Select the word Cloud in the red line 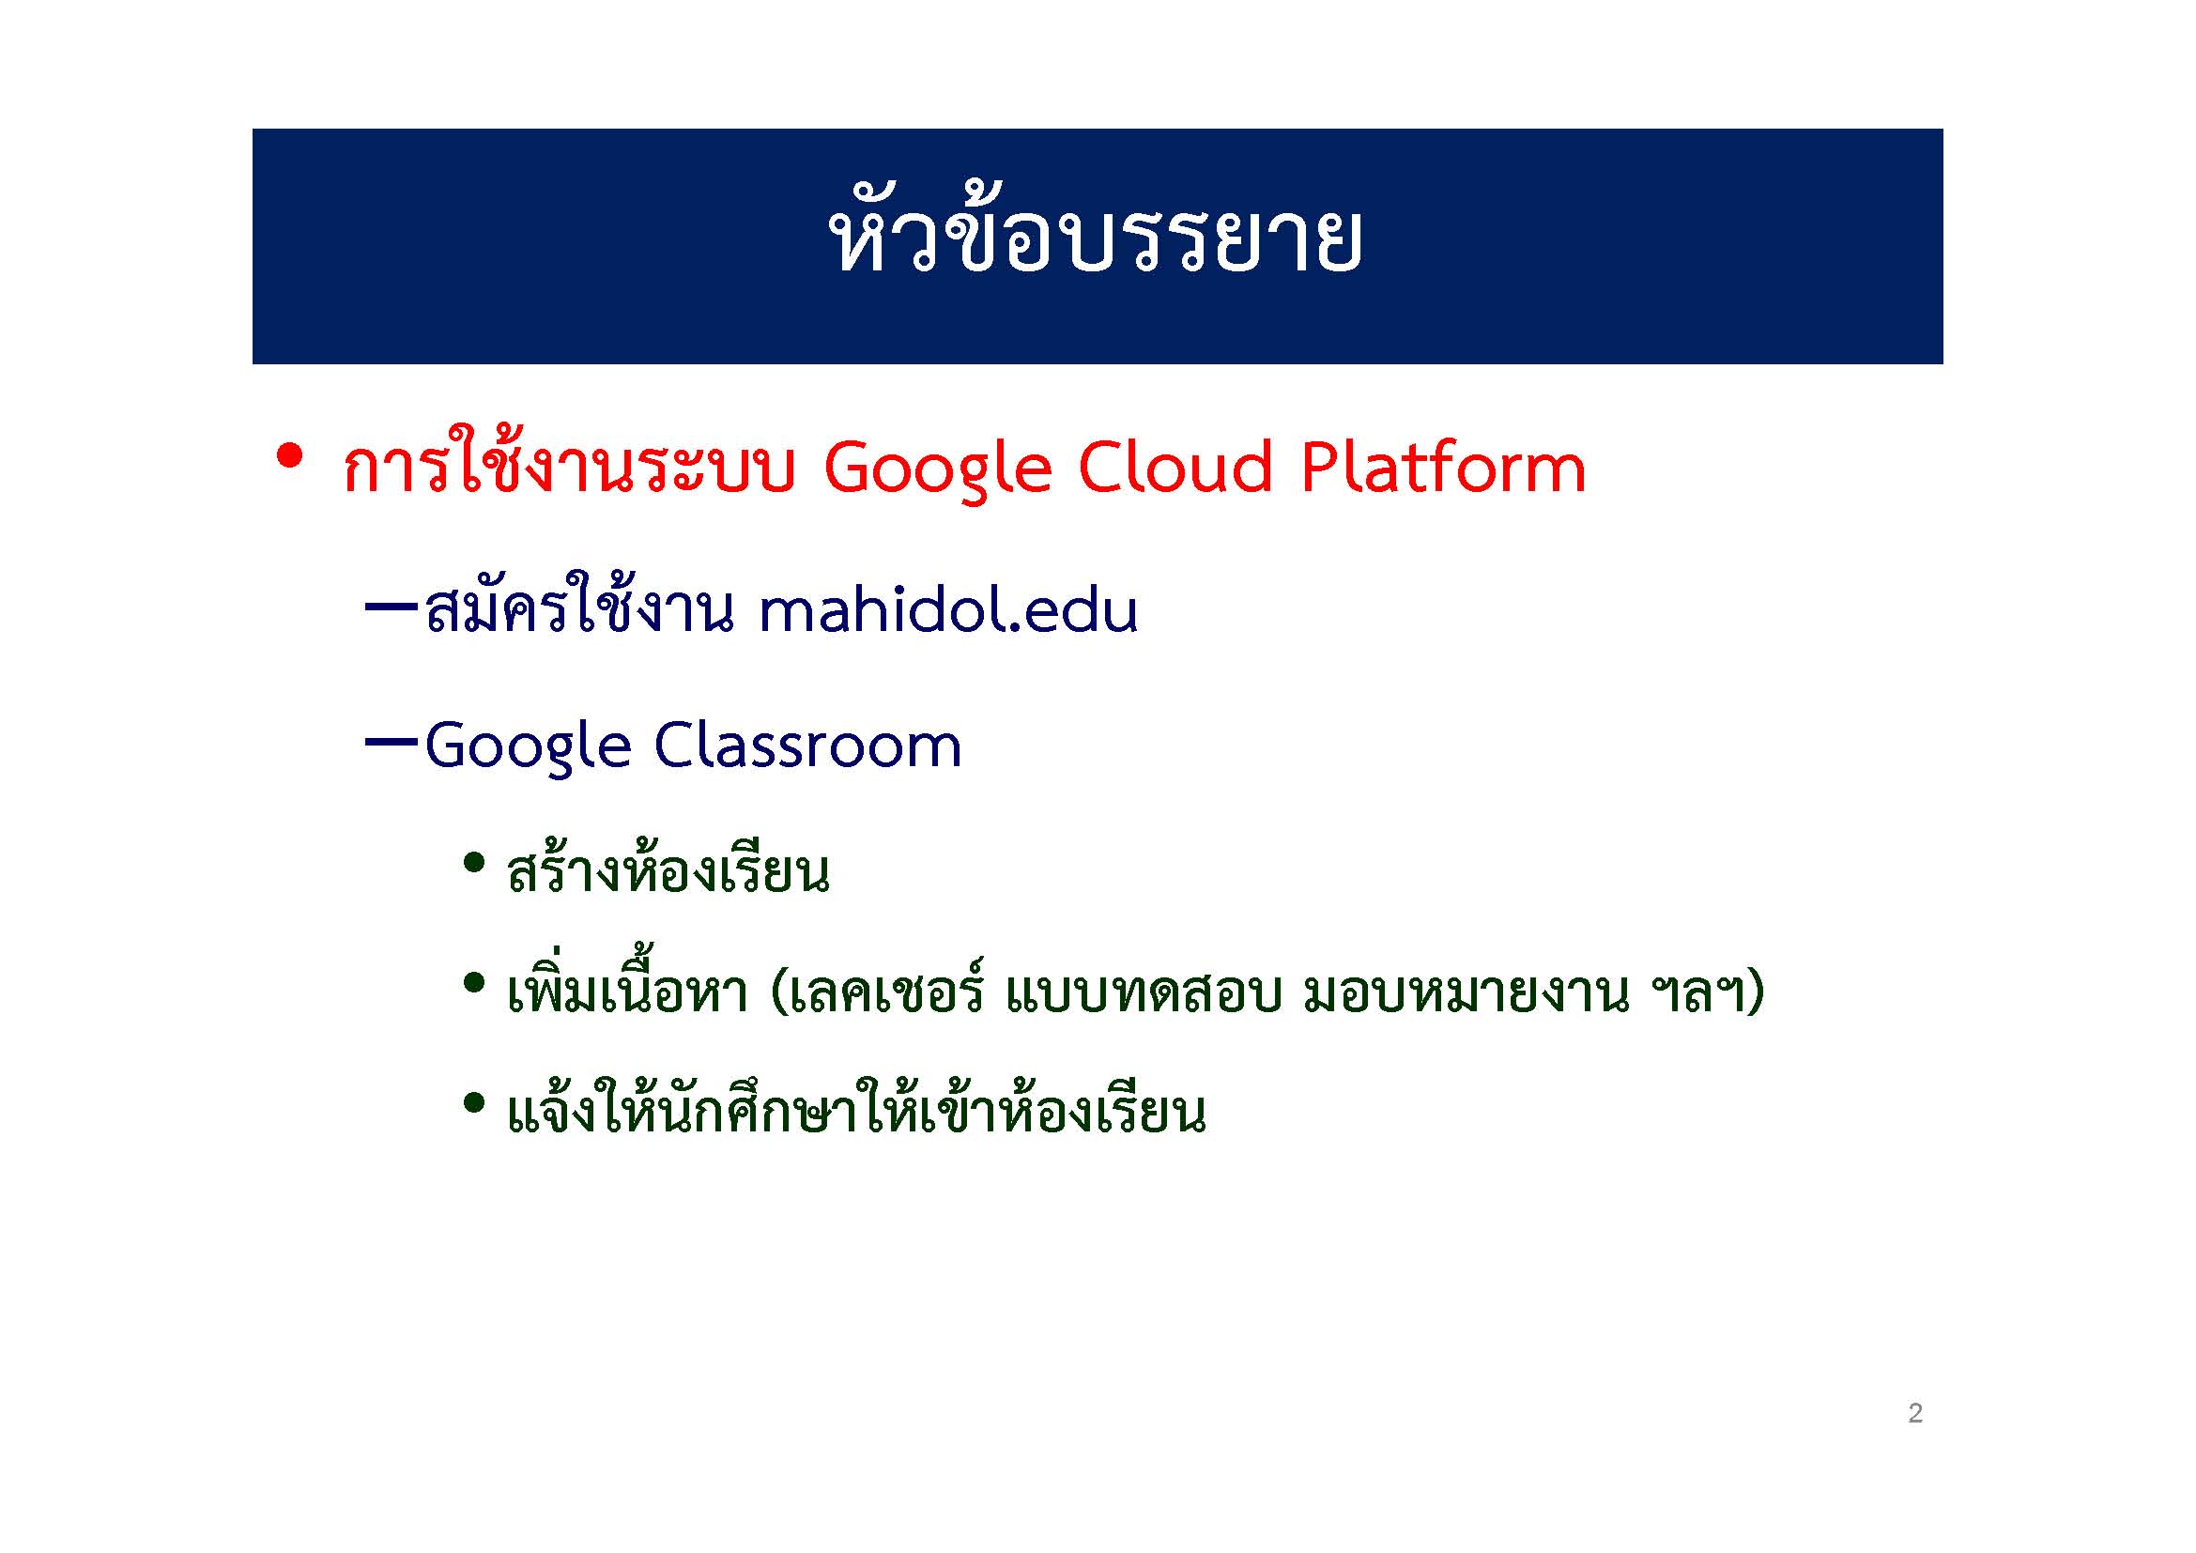[1175, 469]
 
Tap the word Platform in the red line [1443, 469]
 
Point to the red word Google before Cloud [937, 470]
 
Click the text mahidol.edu [948, 610]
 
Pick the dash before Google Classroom [392, 740]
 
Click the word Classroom [807, 745]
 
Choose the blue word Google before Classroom [528, 746]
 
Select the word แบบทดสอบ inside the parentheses [1143, 993]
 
